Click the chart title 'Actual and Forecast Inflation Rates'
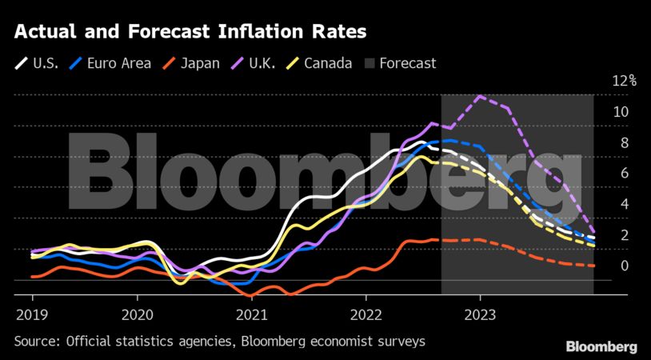point(190,33)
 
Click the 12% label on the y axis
point(624,81)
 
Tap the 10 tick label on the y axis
point(621,111)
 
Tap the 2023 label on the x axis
point(480,314)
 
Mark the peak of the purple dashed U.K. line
point(480,97)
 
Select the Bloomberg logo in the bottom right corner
point(601,347)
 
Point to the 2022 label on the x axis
point(365,314)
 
